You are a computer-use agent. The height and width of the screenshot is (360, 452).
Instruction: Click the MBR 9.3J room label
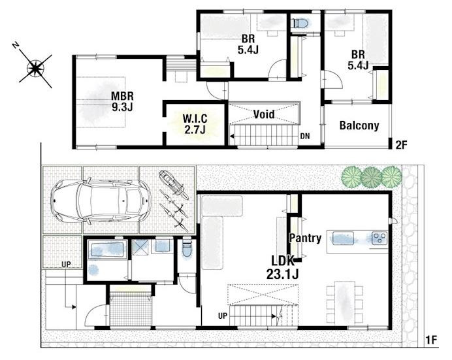(x=122, y=101)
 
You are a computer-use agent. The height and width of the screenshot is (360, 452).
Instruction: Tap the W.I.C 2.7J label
(x=195, y=124)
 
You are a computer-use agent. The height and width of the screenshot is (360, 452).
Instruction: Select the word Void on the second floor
(x=264, y=114)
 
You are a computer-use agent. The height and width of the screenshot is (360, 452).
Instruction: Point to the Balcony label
(x=359, y=125)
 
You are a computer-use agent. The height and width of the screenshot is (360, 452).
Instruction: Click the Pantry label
(x=305, y=238)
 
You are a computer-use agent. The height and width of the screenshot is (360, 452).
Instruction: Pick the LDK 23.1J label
(x=282, y=267)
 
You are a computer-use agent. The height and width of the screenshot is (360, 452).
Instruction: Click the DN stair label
(x=305, y=136)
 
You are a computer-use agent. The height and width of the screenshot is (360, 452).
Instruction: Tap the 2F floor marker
(x=401, y=144)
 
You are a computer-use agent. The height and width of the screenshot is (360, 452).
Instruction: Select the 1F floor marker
(x=431, y=340)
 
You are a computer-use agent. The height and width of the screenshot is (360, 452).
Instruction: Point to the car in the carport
(x=101, y=201)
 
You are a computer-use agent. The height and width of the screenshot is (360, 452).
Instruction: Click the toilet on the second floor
(x=299, y=22)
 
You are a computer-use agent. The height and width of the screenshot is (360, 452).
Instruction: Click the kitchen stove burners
(x=379, y=238)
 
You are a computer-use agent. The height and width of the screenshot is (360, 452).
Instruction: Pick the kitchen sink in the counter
(x=344, y=238)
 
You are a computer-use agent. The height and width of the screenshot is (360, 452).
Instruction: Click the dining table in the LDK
(x=344, y=302)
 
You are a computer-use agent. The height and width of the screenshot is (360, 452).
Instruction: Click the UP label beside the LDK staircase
(x=223, y=316)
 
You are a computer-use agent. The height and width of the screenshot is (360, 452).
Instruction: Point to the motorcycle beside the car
(x=172, y=184)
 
